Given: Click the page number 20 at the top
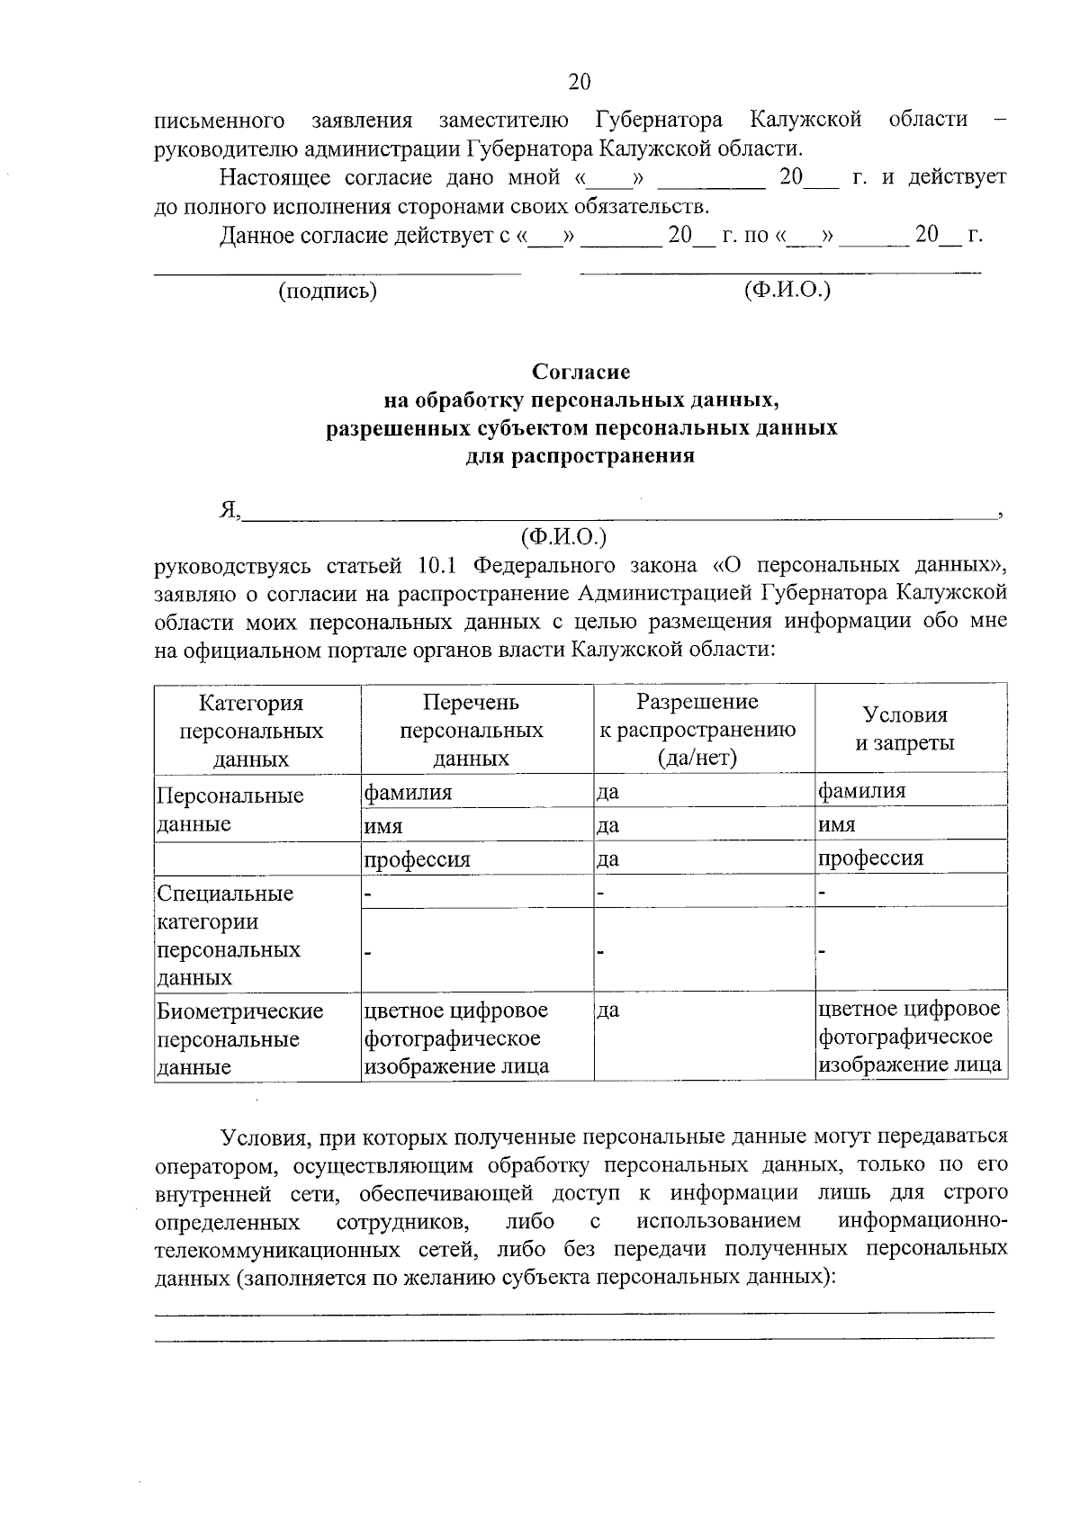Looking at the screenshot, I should coord(580,83).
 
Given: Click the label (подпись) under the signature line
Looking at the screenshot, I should coord(328,291).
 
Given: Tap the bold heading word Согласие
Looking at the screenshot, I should coord(580,372).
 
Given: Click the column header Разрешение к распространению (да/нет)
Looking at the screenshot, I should coord(697,729).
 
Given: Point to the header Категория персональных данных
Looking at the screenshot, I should coord(251,730).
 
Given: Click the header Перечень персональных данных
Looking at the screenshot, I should coord(471,730).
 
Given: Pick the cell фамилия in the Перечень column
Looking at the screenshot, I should coord(407,792).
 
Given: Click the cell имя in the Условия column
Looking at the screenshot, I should coord(837,824).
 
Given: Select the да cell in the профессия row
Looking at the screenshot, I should coord(608,858).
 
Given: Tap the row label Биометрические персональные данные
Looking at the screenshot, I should coord(239,1038).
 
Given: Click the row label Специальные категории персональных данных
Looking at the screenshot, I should coord(229,935).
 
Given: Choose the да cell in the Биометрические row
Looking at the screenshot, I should coord(608,1011).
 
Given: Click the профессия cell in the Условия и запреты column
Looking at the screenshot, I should coord(870,858).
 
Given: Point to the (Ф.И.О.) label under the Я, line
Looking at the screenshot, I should coord(564,537).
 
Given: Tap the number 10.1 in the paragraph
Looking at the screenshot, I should coord(438,565).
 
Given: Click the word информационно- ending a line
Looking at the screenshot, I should coord(922,1221).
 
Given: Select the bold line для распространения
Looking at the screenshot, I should coord(580,455).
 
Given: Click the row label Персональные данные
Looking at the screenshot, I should coord(229,809).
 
